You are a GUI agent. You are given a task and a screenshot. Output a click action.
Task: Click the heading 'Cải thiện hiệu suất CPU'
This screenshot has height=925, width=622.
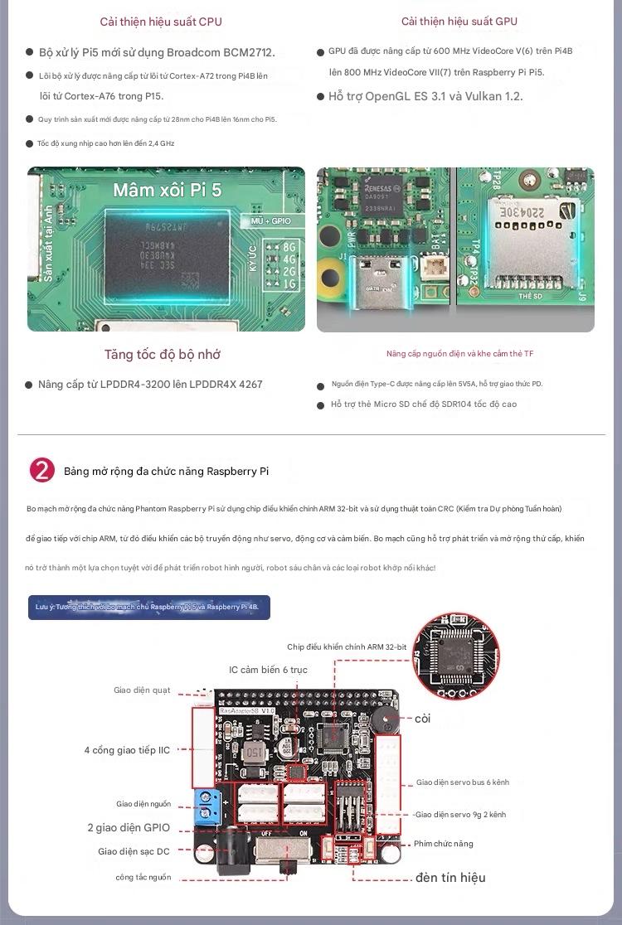(161, 22)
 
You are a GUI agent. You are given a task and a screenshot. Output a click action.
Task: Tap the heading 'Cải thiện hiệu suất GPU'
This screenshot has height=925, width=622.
(459, 22)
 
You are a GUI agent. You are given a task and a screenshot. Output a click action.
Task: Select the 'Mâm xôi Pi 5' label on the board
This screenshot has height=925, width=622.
(168, 190)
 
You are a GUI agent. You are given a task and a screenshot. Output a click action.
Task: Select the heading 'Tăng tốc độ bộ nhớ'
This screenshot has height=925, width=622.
(162, 355)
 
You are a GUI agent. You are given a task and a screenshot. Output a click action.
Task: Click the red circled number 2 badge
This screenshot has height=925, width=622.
(42, 470)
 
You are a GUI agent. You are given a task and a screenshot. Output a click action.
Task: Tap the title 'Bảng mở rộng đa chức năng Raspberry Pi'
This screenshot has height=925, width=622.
(167, 472)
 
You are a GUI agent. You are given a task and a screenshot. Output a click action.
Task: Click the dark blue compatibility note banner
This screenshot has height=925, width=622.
(148, 607)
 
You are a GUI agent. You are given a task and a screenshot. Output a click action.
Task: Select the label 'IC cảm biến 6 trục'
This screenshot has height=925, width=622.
(268, 670)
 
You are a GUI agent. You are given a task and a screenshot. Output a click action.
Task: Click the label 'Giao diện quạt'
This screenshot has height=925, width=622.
(142, 690)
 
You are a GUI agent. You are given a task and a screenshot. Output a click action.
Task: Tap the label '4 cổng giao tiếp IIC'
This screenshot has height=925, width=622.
(127, 750)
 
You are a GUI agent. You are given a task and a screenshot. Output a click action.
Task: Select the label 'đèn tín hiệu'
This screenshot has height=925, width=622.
(450, 878)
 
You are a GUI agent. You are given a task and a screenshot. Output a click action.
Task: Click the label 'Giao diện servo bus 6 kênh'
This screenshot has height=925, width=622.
(462, 782)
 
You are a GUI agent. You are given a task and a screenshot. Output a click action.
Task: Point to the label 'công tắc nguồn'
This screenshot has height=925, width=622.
(143, 877)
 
